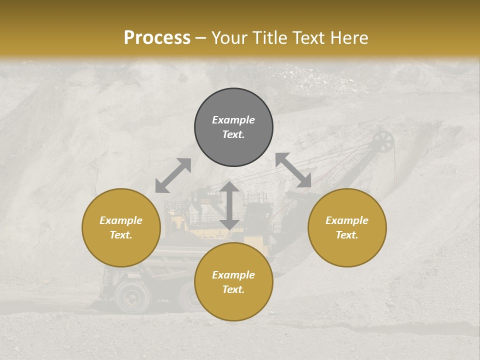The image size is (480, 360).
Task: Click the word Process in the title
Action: [x=157, y=38]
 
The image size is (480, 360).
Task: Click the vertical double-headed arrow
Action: [x=229, y=205]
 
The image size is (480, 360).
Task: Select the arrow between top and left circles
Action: [x=173, y=175]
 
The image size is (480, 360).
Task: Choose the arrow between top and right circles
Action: [x=293, y=170]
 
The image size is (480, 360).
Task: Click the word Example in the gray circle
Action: [x=233, y=120]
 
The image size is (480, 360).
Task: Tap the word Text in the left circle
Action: [x=121, y=235]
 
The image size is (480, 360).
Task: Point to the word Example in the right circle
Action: [x=347, y=220]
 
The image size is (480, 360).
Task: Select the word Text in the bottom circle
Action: [x=233, y=289]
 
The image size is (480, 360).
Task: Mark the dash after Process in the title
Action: [x=200, y=38]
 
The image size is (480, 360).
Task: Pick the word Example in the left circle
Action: [x=121, y=220]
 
